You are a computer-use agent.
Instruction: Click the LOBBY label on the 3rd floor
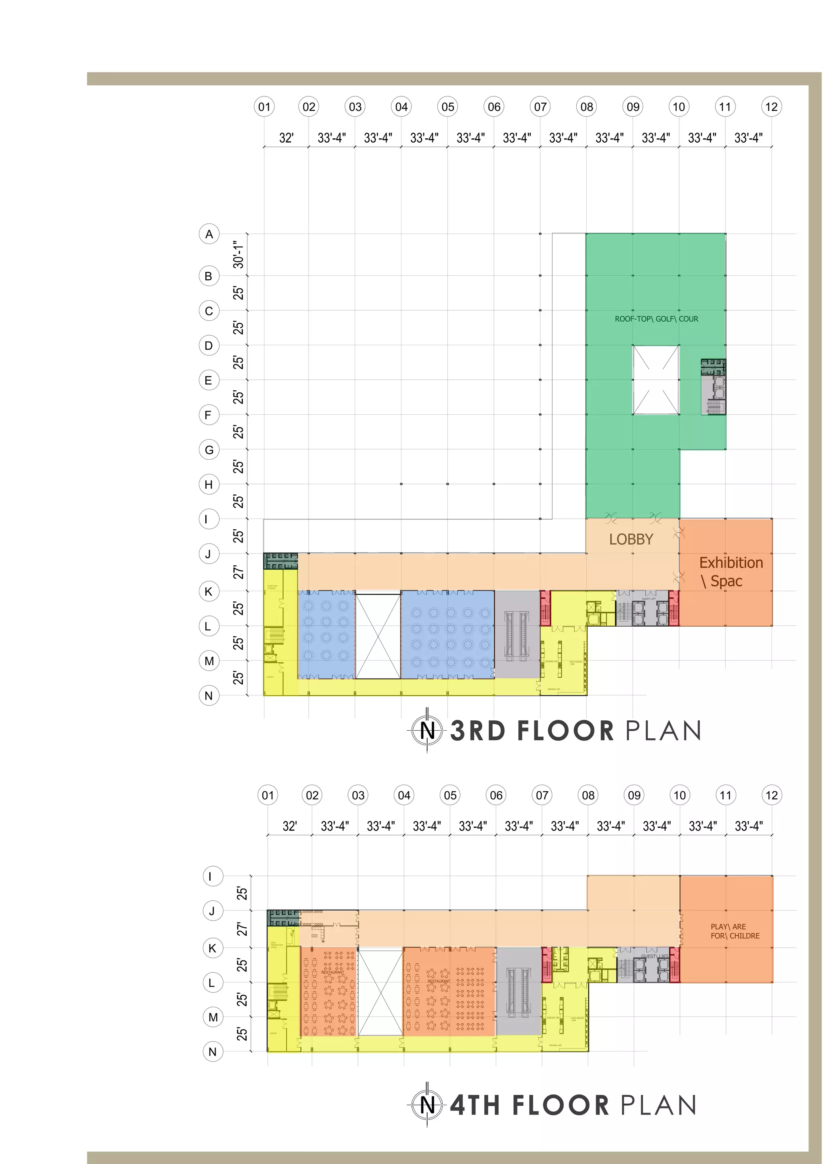631,539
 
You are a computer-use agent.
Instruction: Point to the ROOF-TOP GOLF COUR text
656,319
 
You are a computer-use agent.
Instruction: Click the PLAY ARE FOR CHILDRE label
734,931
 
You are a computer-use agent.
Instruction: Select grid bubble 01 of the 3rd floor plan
264,107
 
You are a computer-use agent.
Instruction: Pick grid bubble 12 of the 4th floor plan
771,795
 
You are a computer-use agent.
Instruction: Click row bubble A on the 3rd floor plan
209,234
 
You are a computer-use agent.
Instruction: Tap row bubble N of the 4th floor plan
212,1051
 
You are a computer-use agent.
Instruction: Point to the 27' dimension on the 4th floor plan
242,929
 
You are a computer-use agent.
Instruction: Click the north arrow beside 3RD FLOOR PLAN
427,731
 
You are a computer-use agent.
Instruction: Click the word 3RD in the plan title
478,731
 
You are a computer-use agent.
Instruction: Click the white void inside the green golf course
655,380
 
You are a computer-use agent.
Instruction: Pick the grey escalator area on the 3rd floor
517,634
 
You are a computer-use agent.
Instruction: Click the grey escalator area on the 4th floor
518,991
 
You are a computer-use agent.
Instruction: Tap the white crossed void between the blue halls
378,634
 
